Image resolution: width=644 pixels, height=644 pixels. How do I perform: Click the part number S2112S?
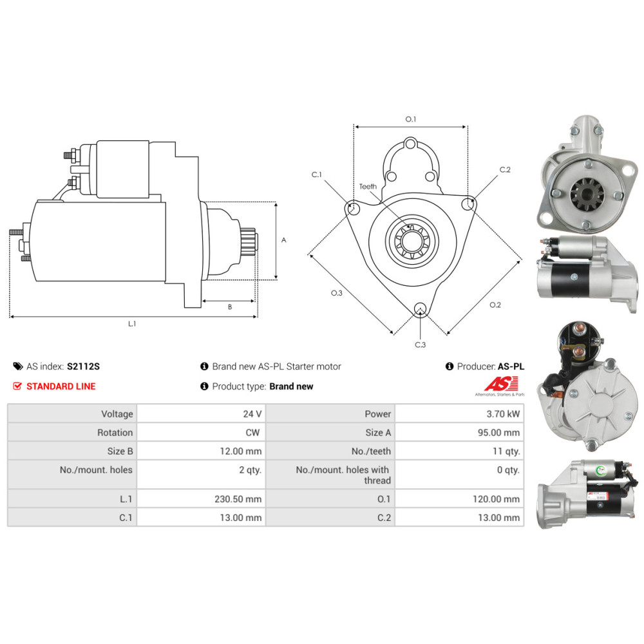[83, 366]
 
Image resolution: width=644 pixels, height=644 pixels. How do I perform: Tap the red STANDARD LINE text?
[61, 386]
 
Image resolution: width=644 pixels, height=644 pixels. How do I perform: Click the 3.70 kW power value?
[503, 414]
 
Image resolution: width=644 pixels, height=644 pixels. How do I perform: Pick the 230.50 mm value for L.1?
[238, 499]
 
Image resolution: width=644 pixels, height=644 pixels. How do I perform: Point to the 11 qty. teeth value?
[506, 451]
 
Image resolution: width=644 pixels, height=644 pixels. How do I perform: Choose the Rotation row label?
[115, 433]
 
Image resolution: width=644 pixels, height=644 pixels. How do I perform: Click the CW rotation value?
[252, 433]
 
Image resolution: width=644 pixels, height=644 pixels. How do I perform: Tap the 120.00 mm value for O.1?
[496, 499]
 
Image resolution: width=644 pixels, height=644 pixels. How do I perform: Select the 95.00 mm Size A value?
[498, 433]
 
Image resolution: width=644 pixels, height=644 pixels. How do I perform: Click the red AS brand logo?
[501, 384]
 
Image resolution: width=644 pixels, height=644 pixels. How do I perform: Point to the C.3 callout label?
[420, 345]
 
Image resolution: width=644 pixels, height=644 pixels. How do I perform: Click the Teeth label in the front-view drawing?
[368, 187]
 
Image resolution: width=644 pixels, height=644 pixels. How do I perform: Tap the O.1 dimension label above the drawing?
[411, 119]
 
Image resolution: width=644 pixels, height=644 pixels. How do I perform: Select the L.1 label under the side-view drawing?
[132, 324]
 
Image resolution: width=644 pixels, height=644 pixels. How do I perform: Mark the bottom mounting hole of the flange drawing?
[420, 308]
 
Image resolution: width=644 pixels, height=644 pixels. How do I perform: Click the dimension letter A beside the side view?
[284, 240]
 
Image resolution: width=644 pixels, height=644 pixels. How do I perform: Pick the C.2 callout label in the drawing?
[505, 169]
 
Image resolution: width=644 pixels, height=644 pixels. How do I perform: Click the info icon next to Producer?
[450, 366]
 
